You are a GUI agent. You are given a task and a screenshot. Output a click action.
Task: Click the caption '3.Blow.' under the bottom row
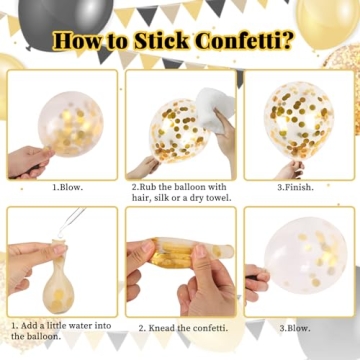(x=296, y=327)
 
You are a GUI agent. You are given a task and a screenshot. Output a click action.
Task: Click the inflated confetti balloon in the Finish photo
(x=298, y=118)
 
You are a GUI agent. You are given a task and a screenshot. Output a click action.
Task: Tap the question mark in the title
(x=290, y=42)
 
